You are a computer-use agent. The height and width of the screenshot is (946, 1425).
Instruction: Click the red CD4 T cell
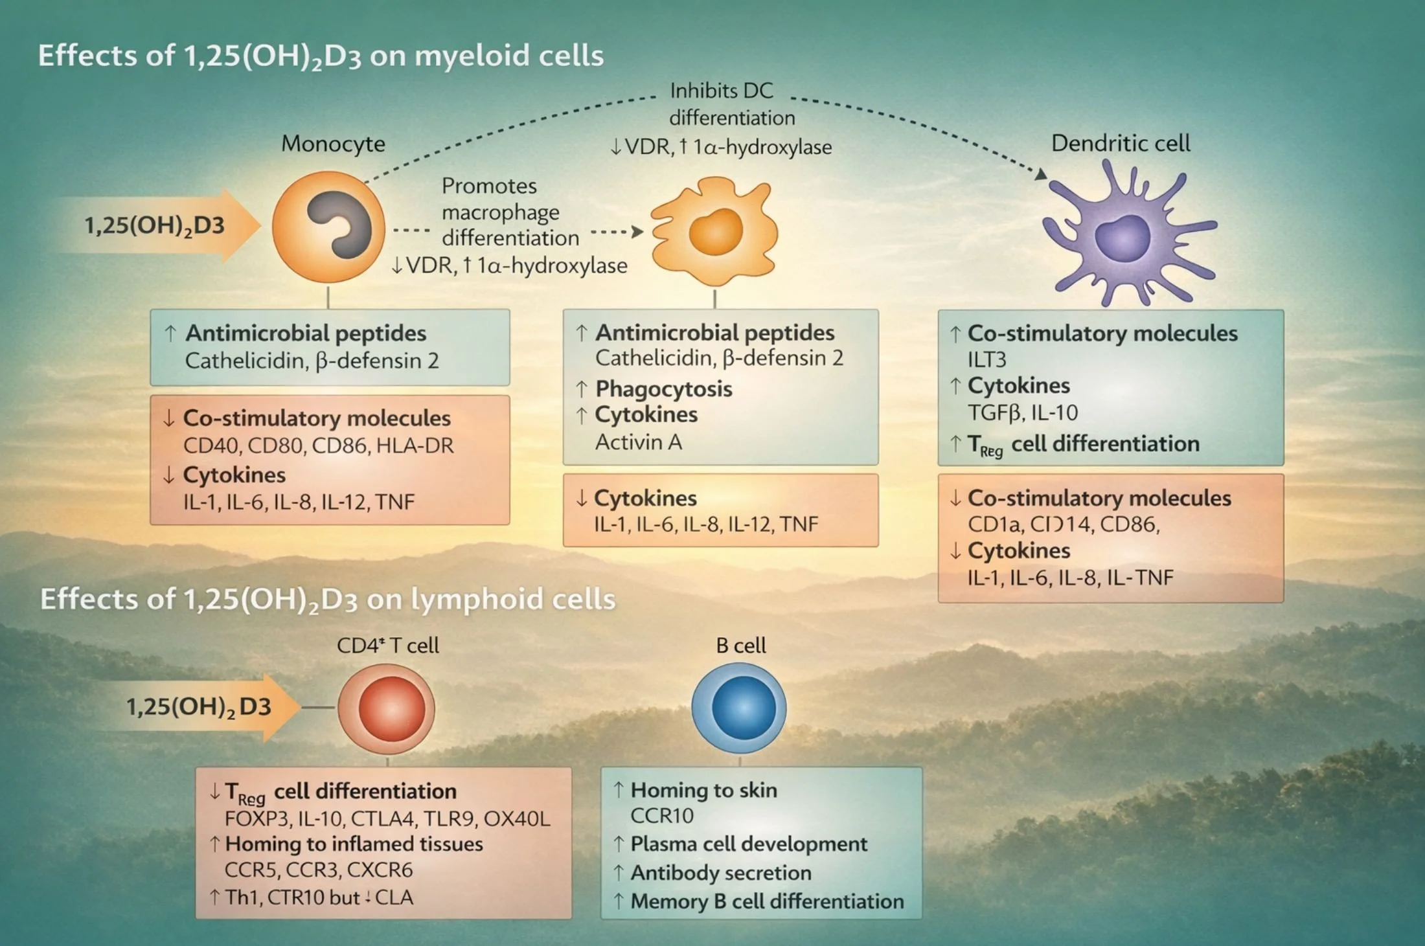tap(387, 708)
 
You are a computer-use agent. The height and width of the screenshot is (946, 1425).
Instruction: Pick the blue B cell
tap(740, 708)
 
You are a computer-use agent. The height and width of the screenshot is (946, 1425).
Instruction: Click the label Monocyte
tap(333, 144)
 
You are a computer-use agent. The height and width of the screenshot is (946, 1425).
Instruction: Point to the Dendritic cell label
tap(1121, 143)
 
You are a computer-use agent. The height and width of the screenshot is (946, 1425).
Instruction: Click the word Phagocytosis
tap(663, 389)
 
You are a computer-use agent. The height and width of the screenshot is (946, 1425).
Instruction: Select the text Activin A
tap(638, 442)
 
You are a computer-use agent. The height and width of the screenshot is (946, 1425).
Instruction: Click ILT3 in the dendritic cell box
tap(986, 359)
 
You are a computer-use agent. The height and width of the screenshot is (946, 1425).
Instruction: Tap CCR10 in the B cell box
tap(661, 816)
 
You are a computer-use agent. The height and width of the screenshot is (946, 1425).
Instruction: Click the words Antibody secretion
tap(720, 873)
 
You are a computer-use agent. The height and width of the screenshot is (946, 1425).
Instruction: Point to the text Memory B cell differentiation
tap(767, 901)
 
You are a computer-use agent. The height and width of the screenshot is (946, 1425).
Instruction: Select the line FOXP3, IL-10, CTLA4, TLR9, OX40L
tap(387, 819)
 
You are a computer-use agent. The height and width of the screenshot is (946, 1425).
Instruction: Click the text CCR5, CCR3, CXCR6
tap(318, 870)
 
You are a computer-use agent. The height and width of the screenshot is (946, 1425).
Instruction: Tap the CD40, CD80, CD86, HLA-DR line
tap(318, 445)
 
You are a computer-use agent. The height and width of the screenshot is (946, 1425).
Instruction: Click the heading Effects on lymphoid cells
tap(327, 599)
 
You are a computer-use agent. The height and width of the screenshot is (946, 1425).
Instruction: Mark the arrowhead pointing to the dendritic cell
tap(1040, 174)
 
